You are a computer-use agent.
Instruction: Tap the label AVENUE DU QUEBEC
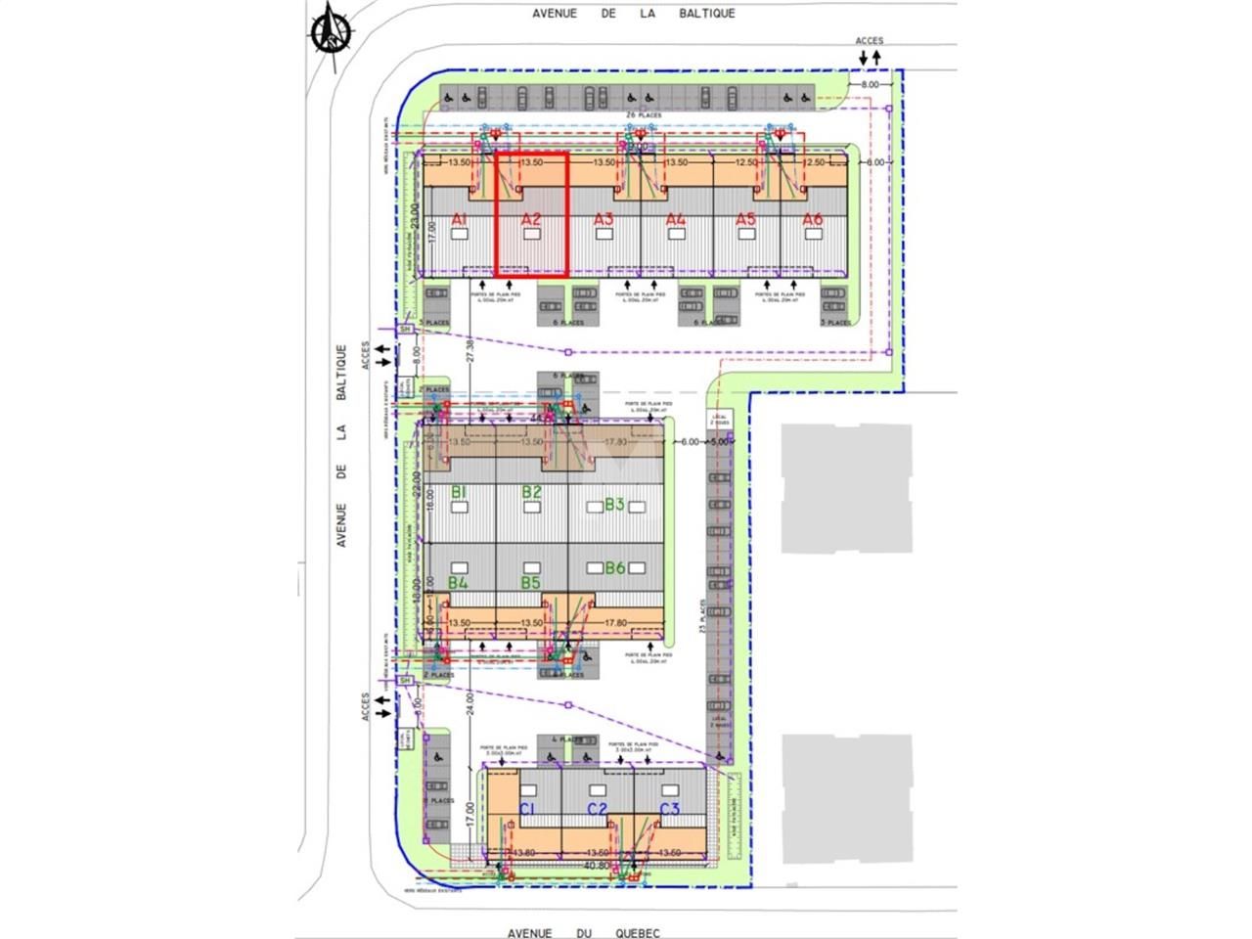[584, 932]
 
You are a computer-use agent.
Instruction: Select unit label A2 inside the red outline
[531, 219]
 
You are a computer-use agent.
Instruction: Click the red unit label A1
[460, 220]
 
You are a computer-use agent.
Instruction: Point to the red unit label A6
[812, 219]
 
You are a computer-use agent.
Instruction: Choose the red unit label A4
[675, 219]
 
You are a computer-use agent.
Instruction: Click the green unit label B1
[458, 492]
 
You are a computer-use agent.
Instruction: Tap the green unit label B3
[614, 505]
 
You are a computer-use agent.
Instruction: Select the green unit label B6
[614, 567]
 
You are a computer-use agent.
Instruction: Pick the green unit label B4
[458, 583]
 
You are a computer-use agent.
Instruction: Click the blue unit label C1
[527, 809]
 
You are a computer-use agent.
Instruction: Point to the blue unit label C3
[669, 809]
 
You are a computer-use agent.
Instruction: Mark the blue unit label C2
[597, 809]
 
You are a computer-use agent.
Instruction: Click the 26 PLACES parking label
[644, 115]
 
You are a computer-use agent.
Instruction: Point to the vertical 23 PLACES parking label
[702, 615]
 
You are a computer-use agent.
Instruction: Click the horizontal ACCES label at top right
[869, 41]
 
